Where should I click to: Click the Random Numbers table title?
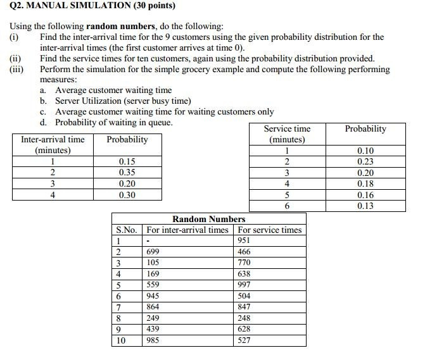pos(208,219)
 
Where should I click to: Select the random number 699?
pos(153,252)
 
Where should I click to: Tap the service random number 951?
pos(244,240)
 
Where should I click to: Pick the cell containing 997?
pos(244,285)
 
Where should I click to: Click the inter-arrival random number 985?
pos(153,340)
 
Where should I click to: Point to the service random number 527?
pos(244,340)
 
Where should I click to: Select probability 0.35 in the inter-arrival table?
pos(127,172)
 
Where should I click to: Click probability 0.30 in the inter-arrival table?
pos(127,195)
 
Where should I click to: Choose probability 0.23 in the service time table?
pos(365,161)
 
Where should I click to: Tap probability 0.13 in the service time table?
pos(365,206)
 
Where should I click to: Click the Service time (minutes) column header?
pos(287,134)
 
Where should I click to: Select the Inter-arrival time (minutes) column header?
pos(53,145)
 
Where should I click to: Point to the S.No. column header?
pos(127,230)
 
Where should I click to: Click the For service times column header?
pos(270,230)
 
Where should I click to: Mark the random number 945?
pos(153,296)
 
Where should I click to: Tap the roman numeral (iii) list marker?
pos(16,70)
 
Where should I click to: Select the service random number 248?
pos(244,318)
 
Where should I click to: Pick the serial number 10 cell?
pos(120,340)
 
